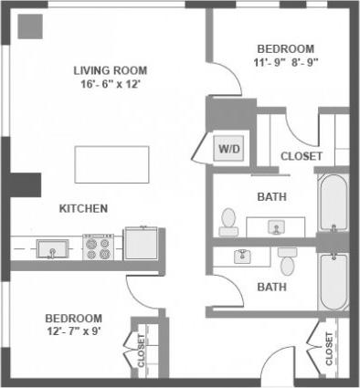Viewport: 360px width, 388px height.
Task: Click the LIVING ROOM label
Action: click(x=111, y=70)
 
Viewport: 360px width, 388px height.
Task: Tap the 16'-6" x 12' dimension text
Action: click(x=111, y=84)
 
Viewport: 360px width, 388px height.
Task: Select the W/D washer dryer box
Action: click(x=227, y=146)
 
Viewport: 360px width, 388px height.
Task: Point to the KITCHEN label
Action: click(x=83, y=208)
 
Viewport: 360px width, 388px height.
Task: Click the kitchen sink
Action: click(x=49, y=246)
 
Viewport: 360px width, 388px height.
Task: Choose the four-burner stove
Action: click(x=98, y=246)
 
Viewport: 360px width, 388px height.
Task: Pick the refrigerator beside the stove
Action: click(x=141, y=243)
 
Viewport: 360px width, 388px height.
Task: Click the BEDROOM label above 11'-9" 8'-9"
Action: click(x=285, y=49)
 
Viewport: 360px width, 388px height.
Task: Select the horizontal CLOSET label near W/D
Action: click(x=301, y=156)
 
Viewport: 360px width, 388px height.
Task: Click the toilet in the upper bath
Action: click(x=228, y=220)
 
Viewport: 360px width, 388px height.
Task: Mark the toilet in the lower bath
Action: click(x=287, y=260)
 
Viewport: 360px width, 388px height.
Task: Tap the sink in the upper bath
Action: click(x=275, y=225)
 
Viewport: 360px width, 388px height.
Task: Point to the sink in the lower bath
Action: click(x=242, y=256)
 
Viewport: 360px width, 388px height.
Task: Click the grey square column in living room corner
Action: click(x=30, y=26)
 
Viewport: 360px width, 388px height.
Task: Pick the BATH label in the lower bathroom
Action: click(x=272, y=286)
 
